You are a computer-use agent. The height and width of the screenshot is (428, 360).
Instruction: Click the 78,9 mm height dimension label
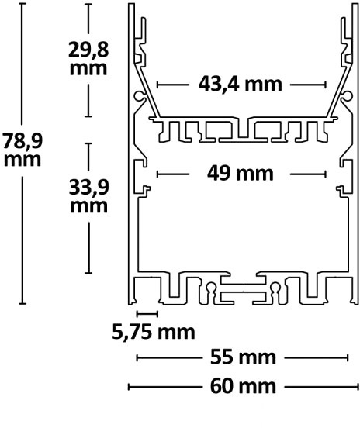coord(22,150)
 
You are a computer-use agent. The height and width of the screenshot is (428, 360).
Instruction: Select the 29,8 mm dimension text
coord(88,58)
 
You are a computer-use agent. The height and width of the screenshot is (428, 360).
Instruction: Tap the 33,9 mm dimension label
coord(88,196)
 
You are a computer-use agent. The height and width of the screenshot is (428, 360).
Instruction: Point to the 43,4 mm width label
coord(240,84)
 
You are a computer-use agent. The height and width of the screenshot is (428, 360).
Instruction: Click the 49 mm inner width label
coord(240,173)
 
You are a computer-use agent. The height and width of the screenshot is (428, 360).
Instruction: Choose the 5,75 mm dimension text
coord(154,332)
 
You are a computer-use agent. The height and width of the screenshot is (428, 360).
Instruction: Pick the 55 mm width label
coord(243,357)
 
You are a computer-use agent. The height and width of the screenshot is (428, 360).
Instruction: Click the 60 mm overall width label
coord(243,386)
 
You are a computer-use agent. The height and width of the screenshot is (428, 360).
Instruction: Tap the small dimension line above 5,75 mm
coord(147,314)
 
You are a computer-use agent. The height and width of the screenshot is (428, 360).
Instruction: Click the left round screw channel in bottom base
coord(210,287)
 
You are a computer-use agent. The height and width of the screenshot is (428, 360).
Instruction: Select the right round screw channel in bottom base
coord(275,287)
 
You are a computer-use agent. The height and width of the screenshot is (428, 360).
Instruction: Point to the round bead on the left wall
coord(138,96)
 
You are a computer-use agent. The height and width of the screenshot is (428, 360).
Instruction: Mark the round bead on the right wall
coord(348,96)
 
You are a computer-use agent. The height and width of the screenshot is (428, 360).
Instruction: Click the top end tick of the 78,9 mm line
coord(22,4)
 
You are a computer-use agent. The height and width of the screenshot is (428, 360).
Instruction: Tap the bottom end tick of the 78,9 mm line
coord(22,303)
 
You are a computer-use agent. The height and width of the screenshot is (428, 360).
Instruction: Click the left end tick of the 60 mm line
coord(129,386)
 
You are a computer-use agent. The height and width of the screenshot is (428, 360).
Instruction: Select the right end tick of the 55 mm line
coord(348,357)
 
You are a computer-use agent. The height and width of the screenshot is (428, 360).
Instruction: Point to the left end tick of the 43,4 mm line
coord(157,85)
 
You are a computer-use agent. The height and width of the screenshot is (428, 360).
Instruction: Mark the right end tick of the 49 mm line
coord(325,174)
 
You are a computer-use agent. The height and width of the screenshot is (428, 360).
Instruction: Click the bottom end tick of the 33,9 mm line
coord(88,272)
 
